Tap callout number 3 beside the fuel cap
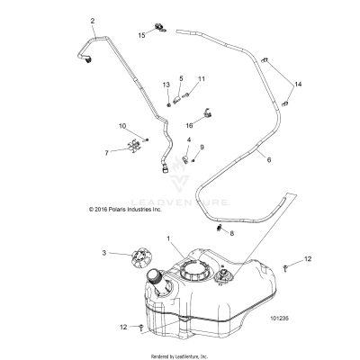pos(104,253)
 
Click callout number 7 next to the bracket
pos(106,153)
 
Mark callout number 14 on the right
pos(300,84)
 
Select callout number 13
pos(166,85)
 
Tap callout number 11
pos(202,79)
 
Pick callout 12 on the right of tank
pos(307,259)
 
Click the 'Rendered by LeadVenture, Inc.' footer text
pos(180,355)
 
